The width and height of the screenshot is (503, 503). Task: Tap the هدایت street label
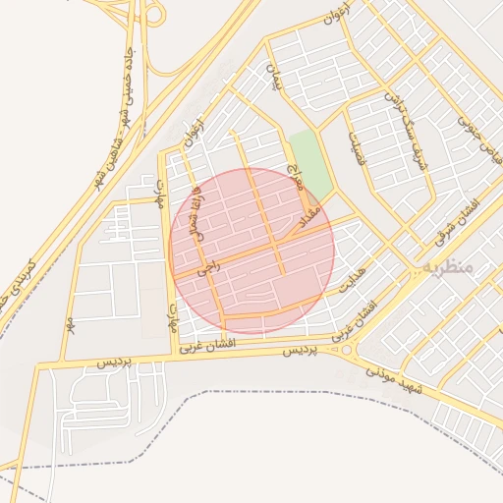coord(352,281)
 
